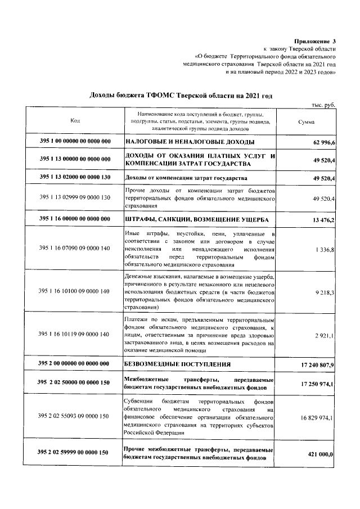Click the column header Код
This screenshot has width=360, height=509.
point(75,121)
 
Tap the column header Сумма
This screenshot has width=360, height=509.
point(307,121)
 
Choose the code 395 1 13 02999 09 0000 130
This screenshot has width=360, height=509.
point(75,199)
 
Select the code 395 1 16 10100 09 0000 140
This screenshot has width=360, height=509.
point(75,291)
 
